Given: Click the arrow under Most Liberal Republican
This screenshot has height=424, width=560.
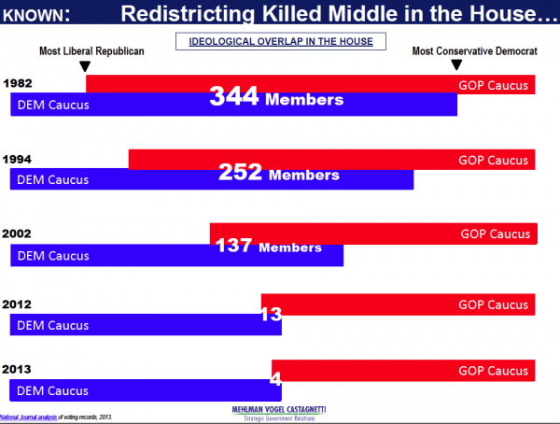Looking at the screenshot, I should [x=85, y=66].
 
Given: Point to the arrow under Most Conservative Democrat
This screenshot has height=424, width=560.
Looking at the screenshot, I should [x=455, y=65].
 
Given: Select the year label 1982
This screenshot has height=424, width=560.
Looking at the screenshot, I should [x=19, y=84].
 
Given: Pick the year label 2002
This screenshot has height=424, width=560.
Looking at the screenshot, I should [x=19, y=233].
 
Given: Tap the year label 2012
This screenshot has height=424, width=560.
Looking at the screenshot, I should [x=19, y=304].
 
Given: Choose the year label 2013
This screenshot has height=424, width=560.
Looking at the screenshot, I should [x=19, y=370].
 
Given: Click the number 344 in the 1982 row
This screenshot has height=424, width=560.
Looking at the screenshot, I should [x=233, y=96].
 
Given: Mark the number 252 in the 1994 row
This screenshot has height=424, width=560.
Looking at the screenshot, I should [x=241, y=172].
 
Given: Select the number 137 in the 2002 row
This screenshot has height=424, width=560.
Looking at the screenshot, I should [x=233, y=247].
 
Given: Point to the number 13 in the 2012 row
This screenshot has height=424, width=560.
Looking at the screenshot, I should [x=271, y=315].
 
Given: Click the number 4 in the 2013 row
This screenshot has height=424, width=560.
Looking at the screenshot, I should [x=275, y=380].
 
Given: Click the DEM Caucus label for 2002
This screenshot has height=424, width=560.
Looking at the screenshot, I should [x=53, y=255].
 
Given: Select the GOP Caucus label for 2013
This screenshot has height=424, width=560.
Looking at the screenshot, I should [x=493, y=371].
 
